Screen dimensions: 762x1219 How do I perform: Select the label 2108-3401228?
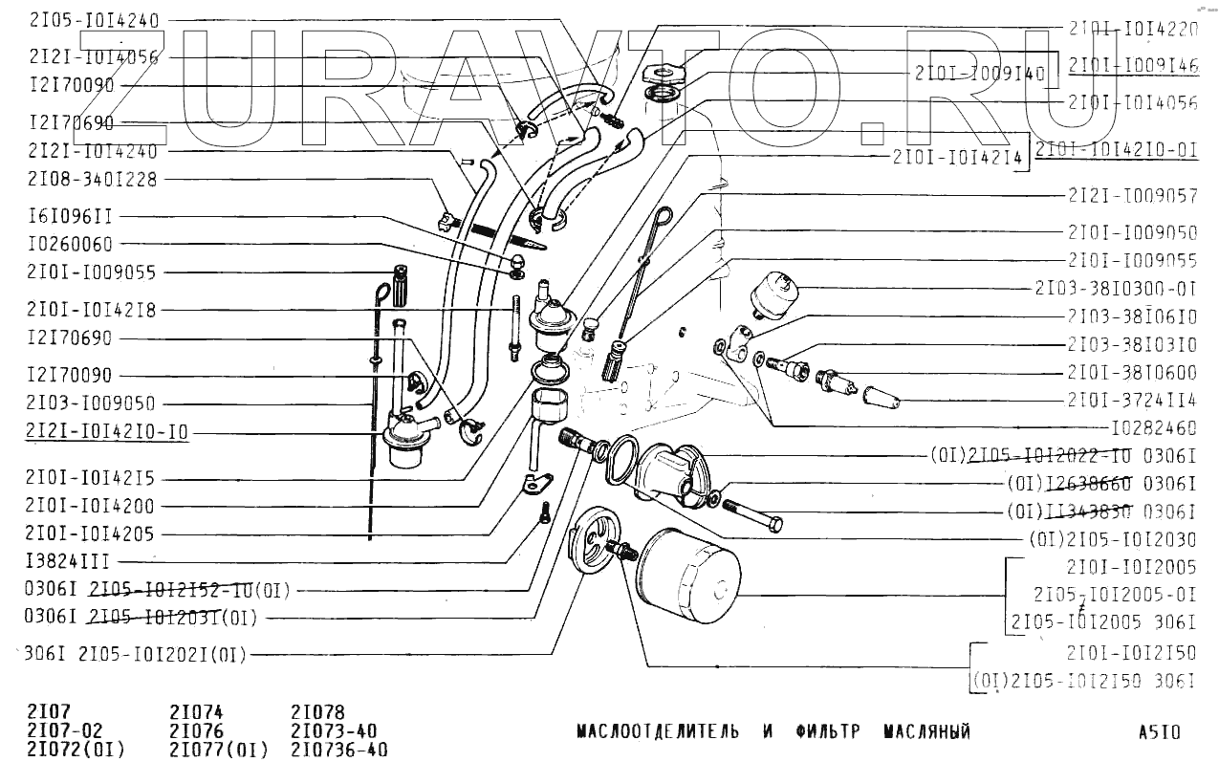93,179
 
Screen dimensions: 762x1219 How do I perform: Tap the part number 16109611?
71,217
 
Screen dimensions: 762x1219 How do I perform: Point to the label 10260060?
71,245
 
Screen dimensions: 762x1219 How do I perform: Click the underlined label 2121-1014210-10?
108,432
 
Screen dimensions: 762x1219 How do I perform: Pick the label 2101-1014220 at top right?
1132,29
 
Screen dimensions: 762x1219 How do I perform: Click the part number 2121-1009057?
1132,195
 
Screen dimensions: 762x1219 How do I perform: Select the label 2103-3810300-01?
1116,288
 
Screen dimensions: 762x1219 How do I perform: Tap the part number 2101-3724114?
1132,400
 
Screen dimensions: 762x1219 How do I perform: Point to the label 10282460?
1154,428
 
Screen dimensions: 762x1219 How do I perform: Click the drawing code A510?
1159,733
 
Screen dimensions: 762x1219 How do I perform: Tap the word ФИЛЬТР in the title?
827,733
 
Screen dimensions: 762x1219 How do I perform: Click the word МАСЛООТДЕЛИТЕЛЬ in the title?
658,733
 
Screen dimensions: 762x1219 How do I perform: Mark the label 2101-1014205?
90,533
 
